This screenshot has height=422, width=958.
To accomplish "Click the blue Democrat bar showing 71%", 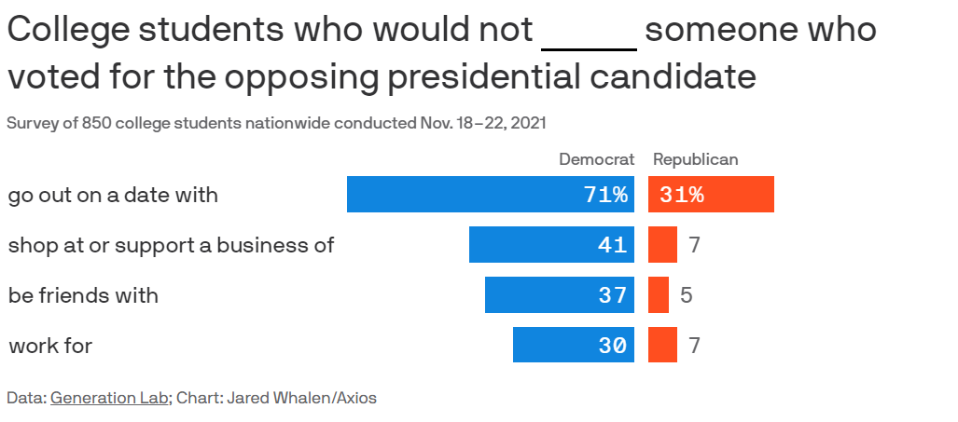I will point(490,195).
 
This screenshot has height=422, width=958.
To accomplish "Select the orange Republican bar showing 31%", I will point(711,195).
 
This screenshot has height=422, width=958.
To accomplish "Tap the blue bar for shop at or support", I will point(551,245).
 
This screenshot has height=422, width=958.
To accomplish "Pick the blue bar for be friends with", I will point(559,295).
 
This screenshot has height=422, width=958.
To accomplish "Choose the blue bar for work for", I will point(573,346).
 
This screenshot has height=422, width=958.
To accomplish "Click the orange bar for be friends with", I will point(659,295).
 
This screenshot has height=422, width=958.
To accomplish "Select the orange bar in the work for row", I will point(662,346).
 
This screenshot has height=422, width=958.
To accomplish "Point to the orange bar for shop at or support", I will point(662,245).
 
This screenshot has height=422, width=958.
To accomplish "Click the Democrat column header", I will point(596,159).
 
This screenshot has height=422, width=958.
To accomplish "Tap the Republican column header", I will point(695,159).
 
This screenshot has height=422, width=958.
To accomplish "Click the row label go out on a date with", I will point(113,196).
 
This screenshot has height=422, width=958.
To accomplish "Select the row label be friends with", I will point(83,296).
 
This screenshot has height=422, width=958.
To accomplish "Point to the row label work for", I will point(50,347).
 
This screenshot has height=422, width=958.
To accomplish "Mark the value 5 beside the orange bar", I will point(686,296).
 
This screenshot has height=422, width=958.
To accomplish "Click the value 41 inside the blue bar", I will point(612,246).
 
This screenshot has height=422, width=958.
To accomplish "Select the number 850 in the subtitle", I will point(96,123).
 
